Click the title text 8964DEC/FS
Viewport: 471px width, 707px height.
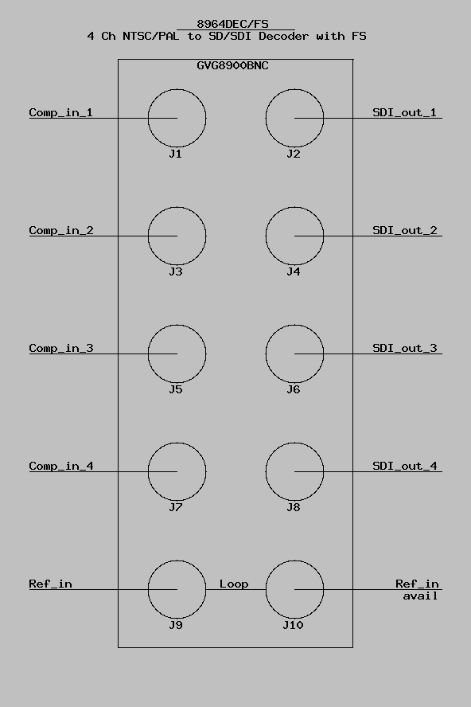[232, 24]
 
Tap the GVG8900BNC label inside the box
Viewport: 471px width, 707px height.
[232, 65]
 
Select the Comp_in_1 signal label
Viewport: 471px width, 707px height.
[60, 112]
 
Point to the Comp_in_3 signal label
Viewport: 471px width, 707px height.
[61, 348]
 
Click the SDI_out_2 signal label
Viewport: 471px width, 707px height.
[405, 230]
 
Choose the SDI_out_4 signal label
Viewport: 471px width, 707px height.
[405, 466]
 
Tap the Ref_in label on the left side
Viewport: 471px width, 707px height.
[50, 584]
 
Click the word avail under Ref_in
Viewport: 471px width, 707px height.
[421, 596]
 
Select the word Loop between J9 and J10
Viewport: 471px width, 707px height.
[234, 584]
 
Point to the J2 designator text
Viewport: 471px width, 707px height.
[294, 154]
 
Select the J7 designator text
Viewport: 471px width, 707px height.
[176, 507]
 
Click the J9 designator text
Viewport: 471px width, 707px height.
[176, 625]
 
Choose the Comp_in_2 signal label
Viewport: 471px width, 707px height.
[61, 230]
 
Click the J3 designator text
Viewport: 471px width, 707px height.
[176, 271]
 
